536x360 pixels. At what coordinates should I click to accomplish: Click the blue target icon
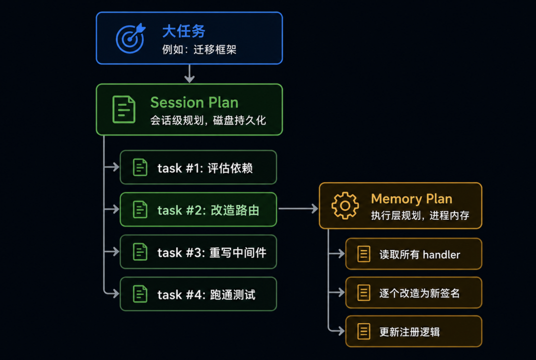[131, 38]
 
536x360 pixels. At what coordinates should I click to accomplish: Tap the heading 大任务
[184, 31]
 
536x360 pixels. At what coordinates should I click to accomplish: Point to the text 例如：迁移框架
[199, 50]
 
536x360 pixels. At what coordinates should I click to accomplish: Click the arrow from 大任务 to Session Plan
[190, 74]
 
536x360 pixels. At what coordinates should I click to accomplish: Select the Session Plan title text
[194, 103]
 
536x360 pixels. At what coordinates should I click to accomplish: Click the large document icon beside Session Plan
[124, 109]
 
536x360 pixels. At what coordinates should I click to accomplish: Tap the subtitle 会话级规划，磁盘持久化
[208, 120]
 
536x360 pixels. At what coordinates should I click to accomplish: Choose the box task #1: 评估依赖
[198, 167]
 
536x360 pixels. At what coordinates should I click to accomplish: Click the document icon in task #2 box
[140, 210]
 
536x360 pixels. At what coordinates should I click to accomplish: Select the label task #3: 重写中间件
[211, 253]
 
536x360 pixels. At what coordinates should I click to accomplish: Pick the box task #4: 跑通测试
[198, 294]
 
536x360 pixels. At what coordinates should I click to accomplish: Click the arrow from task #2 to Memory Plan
[298, 209]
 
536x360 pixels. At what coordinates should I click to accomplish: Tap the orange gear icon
[345, 206]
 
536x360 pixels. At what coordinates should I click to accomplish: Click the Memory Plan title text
[411, 199]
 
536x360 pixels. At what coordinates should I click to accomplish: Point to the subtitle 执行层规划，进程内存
[420, 216]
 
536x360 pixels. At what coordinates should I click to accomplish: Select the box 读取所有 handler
[413, 254]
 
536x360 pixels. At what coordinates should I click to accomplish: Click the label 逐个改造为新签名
[419, 293]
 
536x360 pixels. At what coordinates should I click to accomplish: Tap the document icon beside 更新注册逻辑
[364, 331]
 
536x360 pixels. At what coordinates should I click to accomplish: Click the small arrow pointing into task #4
[112, 293]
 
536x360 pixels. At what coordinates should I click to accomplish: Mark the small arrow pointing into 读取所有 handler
[336, 254]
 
